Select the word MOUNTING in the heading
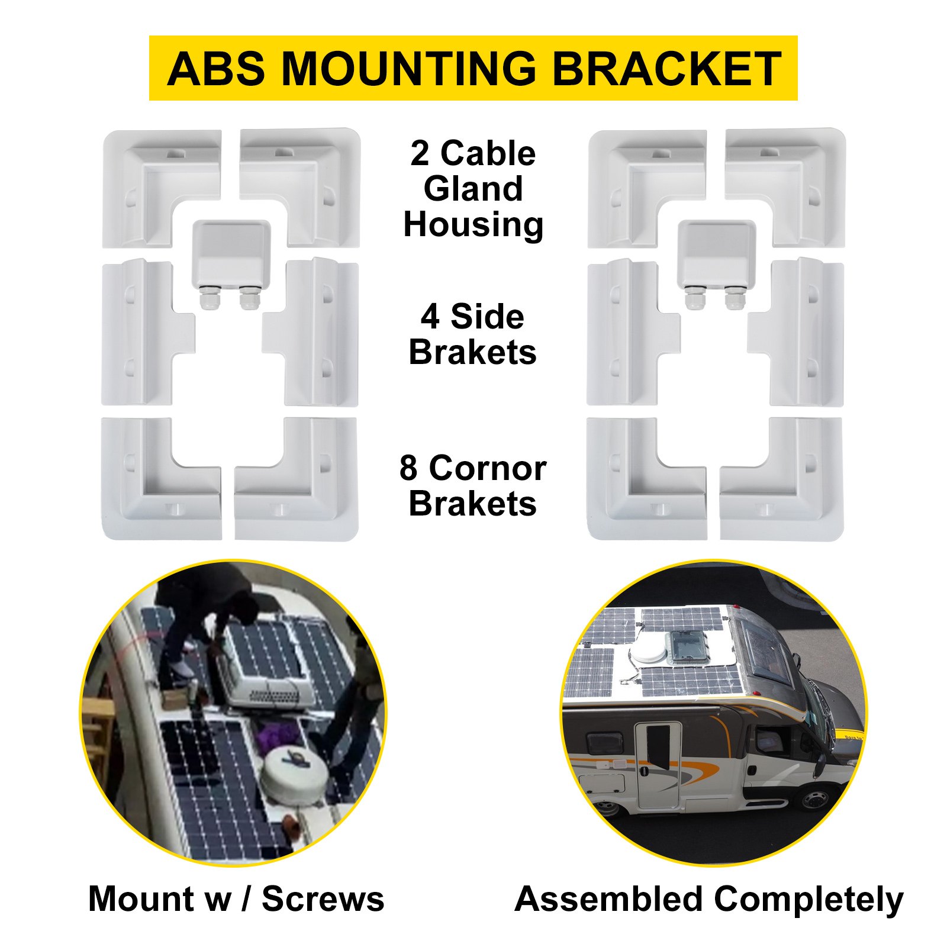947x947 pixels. point(408,69)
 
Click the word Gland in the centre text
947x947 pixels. point(473,189)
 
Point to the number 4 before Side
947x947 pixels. point(430,317)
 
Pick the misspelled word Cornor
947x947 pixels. point(487,468)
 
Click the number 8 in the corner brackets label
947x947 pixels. point(408,468)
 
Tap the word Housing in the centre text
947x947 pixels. point(473,224)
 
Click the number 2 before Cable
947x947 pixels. point(420,153)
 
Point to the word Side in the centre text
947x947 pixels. point(487,317)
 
